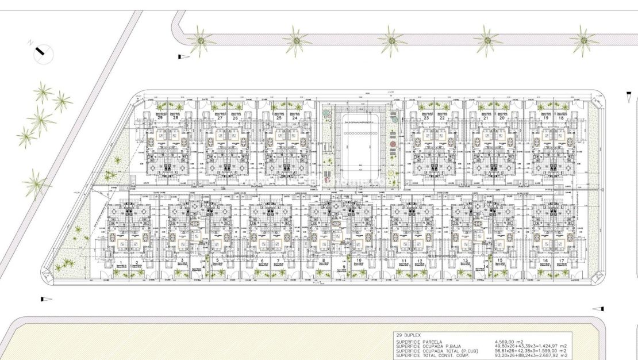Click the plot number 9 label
[343, 267]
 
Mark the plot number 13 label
[464, 261]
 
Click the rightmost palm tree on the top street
[585, 40]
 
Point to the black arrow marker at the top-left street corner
[183, 56]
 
